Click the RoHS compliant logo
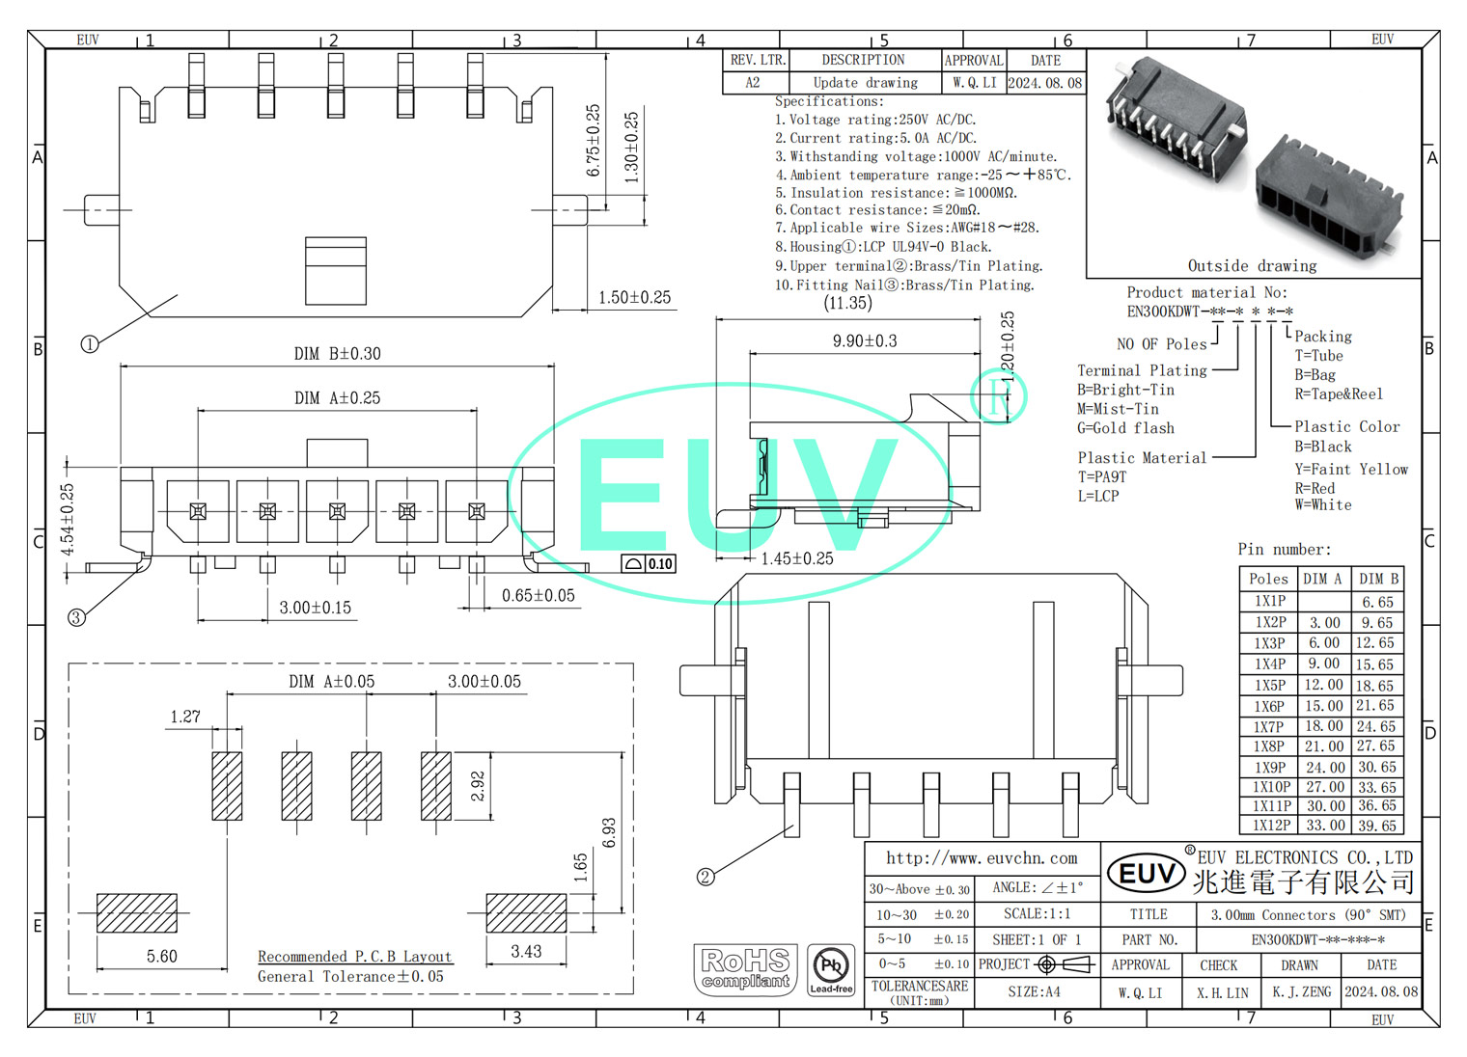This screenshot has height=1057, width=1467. [745, 969]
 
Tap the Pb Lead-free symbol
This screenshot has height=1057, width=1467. [831, 969]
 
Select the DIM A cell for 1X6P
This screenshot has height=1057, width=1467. [1324, 706]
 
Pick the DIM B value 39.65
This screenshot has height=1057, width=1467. [1377, 826]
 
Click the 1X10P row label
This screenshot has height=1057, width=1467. [1271, 787]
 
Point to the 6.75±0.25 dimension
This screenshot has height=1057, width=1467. [593, 141]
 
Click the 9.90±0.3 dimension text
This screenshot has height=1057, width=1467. [865, 341]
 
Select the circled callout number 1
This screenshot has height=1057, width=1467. [90, 344]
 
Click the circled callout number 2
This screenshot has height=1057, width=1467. [706, 877]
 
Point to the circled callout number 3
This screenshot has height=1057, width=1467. [76, 617]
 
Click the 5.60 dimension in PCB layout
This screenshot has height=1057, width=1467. [162, 956]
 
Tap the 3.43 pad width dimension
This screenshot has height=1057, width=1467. [526, 951]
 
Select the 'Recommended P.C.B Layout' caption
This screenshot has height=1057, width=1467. [354, 957]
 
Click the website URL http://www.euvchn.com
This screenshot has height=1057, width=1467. [982, 858]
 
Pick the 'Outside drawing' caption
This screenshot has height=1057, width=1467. [1252, 266]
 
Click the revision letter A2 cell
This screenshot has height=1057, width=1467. [753, 83]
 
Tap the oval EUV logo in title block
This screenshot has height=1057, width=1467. [1147, 874]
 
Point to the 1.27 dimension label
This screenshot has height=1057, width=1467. [185, 717]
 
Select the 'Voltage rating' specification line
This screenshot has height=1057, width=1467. [875, 120]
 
